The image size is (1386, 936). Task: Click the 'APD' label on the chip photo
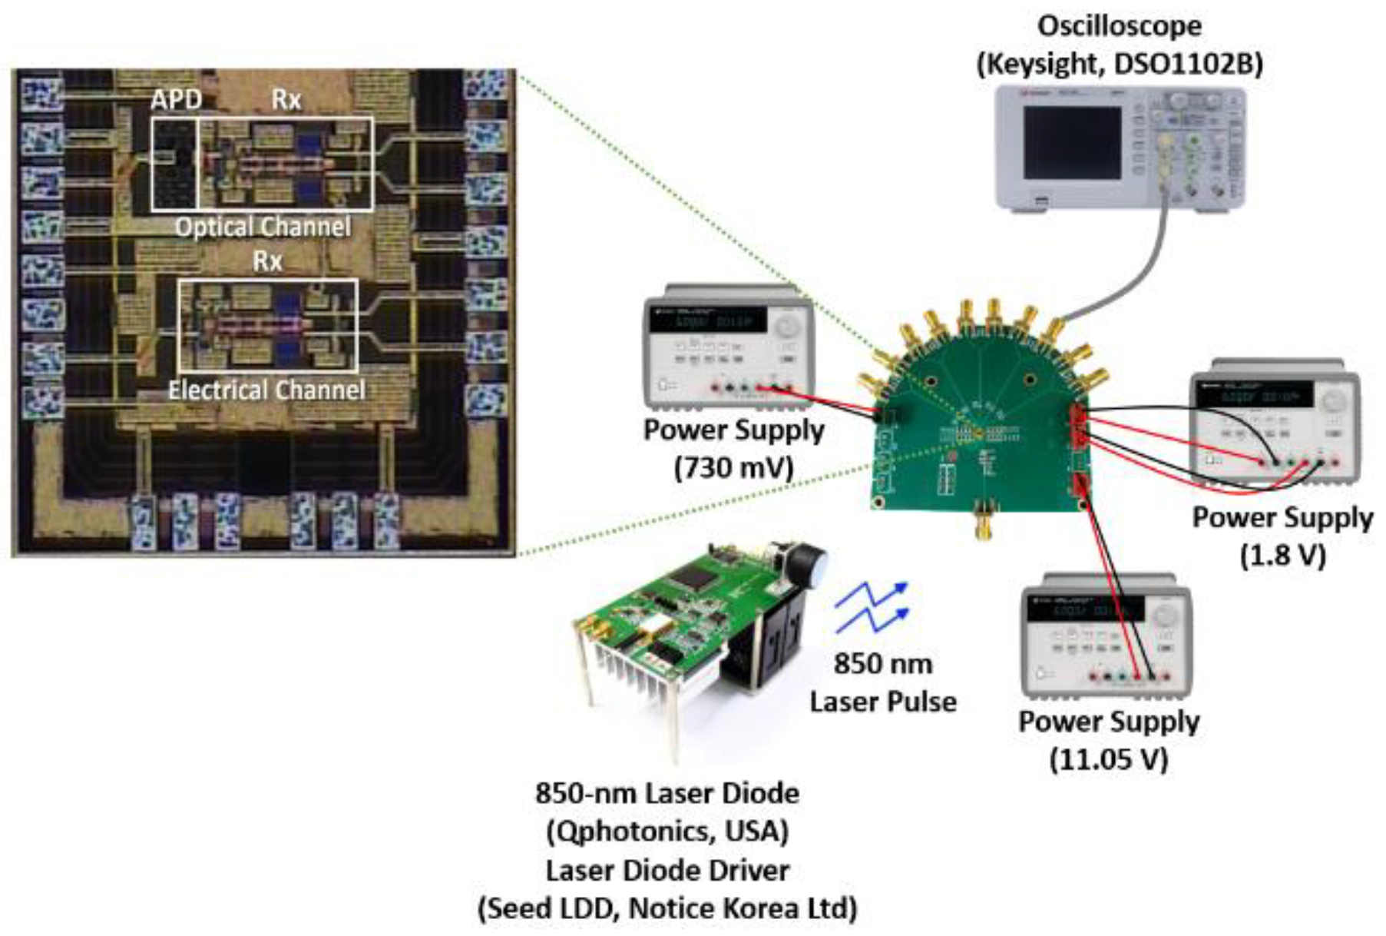176,100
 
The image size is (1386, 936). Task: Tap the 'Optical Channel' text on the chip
263,227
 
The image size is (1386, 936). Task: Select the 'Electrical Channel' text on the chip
266,390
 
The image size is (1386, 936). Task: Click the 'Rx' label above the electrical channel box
266,261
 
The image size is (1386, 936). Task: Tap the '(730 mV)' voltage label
733,467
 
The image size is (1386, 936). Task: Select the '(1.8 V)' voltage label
1282,555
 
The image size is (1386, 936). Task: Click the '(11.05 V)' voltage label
1108,759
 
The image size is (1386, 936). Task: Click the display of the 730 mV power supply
707,320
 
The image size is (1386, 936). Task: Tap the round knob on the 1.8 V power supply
1334,400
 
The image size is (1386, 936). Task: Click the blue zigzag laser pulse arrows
872,607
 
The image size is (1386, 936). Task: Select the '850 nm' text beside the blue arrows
882,663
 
